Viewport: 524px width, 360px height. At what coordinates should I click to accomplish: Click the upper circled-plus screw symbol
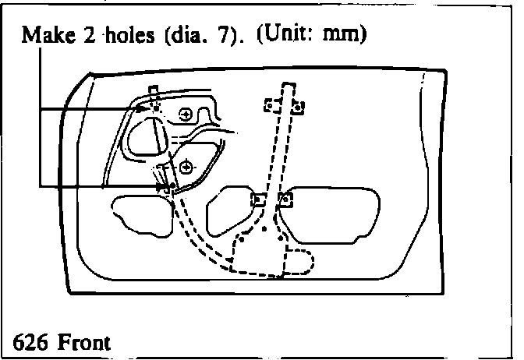186,115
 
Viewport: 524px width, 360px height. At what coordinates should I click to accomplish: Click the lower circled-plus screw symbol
186,166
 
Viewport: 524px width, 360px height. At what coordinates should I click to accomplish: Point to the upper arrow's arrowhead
143,109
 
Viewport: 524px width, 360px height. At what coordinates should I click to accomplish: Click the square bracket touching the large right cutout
285,200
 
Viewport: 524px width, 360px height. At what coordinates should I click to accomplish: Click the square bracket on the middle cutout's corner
255,200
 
